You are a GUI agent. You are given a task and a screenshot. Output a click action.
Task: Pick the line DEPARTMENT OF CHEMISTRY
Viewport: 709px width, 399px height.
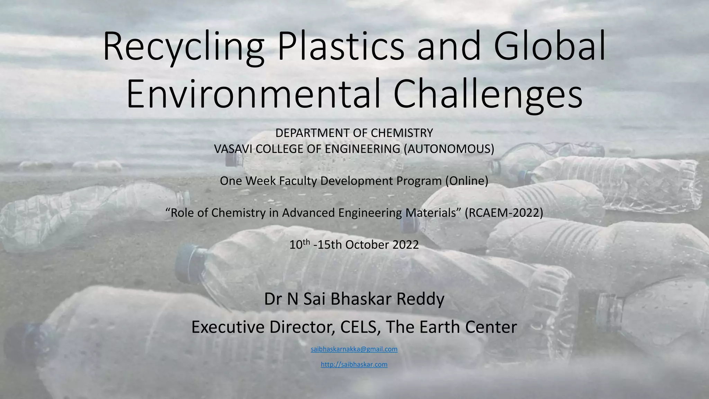[354, 133]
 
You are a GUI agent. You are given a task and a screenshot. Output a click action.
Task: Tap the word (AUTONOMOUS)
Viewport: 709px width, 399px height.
[449, 149]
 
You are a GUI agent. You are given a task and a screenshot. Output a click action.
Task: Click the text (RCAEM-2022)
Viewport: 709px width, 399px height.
[504, 213]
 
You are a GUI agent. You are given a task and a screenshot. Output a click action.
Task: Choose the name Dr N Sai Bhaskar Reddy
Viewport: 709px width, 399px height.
[354, 299]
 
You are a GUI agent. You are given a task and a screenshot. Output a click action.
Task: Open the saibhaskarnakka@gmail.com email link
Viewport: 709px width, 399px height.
[354, 349]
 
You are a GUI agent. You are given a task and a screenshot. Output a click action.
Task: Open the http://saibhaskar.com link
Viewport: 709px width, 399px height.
[354, 364]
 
